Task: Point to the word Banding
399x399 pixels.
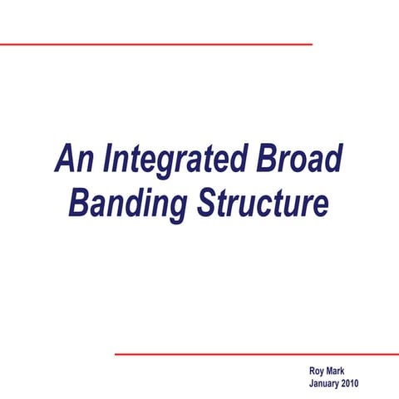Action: click(129, 203)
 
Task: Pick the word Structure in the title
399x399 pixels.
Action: click(262, 203)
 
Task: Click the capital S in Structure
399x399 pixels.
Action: click(207, 203)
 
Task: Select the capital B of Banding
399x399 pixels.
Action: click(81, 203)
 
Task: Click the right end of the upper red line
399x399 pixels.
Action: click(310, 44)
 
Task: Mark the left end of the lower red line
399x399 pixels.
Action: click(116, 354)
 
